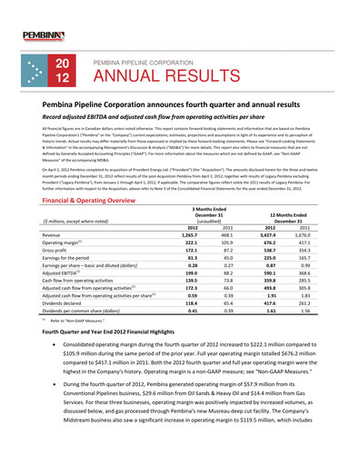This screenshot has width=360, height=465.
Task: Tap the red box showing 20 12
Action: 64,72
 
